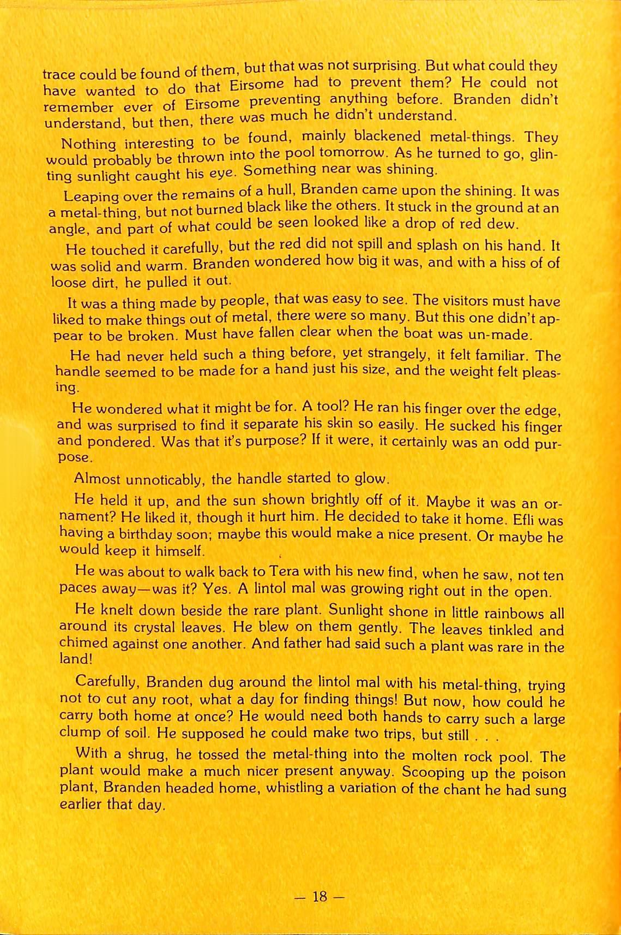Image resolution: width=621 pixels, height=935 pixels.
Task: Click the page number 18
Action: coord(319,896)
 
